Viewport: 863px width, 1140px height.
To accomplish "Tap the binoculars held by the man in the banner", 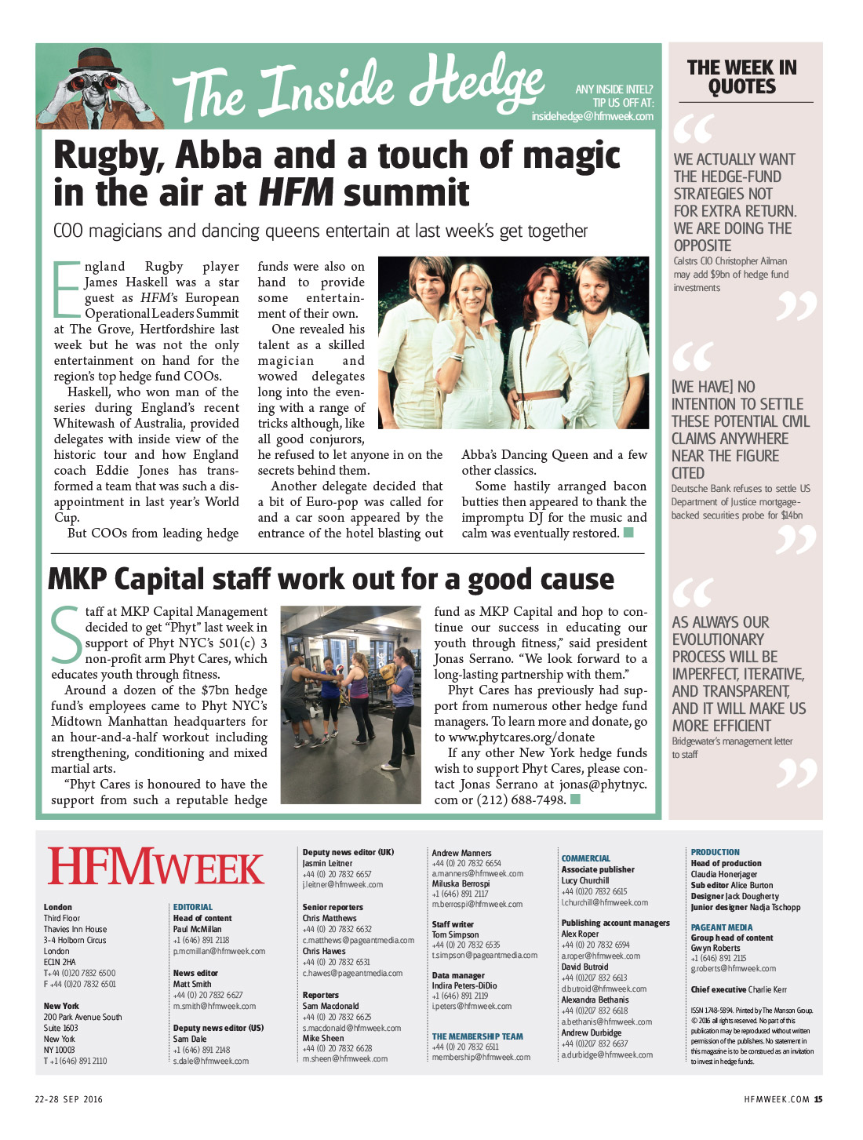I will [93, 82].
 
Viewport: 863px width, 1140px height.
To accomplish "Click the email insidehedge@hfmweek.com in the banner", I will [592, 116].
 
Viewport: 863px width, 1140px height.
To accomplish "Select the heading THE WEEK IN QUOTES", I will [741, 77].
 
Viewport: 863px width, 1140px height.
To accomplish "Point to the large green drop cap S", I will [66, 633].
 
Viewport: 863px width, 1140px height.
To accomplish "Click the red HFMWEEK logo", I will [156, 868].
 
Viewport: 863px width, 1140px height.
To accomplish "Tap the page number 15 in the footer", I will [817, 1099].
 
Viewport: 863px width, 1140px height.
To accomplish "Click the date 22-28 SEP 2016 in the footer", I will [69, 1099].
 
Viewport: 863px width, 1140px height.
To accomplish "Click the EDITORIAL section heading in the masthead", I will [193, 907].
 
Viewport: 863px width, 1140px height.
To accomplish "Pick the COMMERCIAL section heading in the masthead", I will [586, 858].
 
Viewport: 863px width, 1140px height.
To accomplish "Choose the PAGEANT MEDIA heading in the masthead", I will [722, 927].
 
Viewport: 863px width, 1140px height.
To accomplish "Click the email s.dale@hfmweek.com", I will [211, 1061].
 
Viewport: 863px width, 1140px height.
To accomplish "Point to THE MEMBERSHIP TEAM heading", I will [477, 1036].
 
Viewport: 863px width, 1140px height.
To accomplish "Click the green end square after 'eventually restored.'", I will [628, 534].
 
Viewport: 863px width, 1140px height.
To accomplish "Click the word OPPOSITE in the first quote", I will [702, 246].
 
